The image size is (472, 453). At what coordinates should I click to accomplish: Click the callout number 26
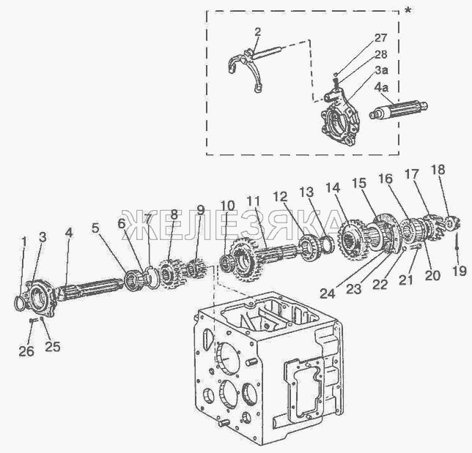(x=26, y=351)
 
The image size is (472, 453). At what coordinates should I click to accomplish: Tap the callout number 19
(x=460, y=271)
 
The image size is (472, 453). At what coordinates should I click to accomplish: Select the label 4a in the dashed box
(x=381, y=88)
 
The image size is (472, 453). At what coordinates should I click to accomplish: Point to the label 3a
(x=381, y=70)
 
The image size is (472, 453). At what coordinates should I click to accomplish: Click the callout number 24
(x=327, y=293)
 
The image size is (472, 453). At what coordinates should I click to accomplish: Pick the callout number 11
(x=253, y=202)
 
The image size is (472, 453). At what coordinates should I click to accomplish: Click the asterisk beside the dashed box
(x=408, y=11)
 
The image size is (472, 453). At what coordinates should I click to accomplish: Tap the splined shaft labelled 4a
(x=398, y=110)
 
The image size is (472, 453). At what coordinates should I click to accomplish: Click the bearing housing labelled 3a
(x=339, y=120)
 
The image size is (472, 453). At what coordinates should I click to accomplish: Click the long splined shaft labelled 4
(x=90, y=289)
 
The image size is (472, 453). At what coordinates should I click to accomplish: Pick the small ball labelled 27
(x=336, y=74)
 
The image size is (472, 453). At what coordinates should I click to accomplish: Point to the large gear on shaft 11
(x=246, y=260)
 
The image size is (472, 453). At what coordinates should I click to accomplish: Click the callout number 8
(x=174, y=214)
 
